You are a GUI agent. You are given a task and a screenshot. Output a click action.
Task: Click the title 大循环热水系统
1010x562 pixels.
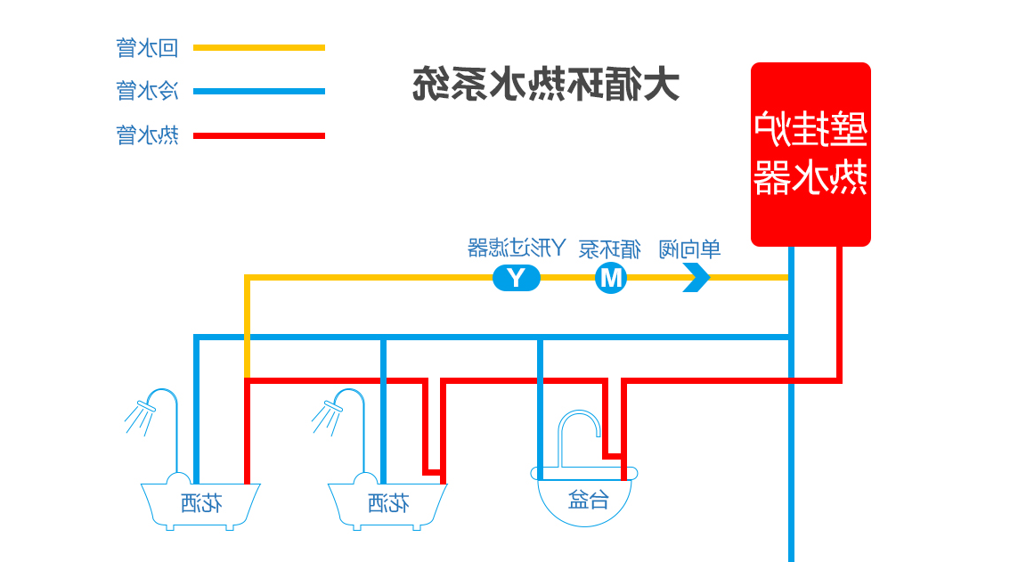coord(546,85)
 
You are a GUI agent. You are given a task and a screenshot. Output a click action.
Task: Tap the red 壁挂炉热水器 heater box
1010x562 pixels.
coord(810,153)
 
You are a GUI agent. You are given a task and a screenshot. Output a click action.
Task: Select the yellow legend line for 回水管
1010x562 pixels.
coord(259,47)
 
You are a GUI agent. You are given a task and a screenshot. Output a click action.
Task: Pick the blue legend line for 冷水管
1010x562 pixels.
coord(259,91)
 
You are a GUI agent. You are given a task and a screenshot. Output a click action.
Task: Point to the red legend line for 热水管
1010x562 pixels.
coord(259,135)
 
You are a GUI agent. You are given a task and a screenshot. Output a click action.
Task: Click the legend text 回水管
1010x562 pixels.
coord(148,47)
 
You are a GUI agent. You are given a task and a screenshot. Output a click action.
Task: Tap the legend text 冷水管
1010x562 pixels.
coord(148,91)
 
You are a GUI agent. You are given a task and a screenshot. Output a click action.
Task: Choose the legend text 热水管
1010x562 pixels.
coord(148,135)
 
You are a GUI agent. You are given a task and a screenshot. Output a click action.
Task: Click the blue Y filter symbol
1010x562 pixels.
coord(517,278)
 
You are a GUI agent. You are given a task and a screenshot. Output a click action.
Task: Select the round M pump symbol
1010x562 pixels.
coord(611,278)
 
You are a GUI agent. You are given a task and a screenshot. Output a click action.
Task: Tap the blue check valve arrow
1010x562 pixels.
coord(696,278)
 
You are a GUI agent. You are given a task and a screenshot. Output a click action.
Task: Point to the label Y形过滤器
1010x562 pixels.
coord(517,248)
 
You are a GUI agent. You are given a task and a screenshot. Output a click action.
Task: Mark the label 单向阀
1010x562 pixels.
coord(689,248)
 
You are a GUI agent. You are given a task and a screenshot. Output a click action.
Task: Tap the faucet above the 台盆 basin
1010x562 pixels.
coord(579,436)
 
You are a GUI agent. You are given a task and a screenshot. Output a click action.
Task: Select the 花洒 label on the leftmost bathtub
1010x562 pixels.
coord(201,504)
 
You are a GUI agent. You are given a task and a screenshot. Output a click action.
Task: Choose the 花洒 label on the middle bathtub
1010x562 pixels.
coord(388,504)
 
